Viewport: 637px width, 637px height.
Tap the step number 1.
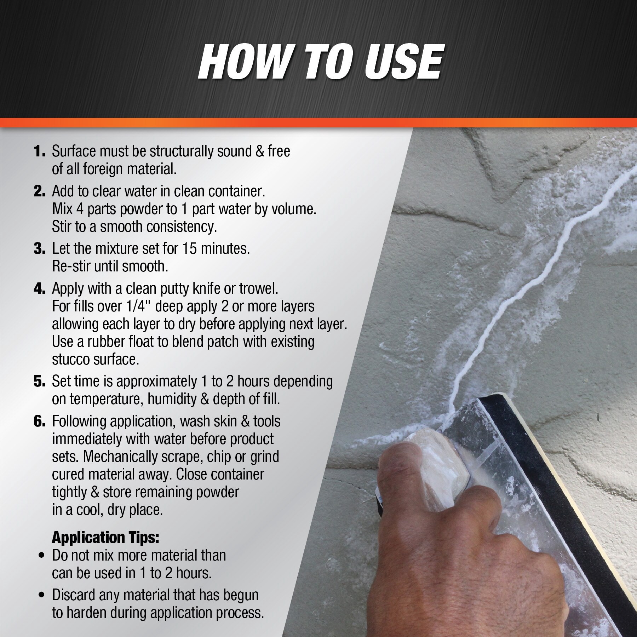pyautogui.click(x=39, y=151)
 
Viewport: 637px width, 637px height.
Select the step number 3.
pyautogui.click(x=39, y=249)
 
